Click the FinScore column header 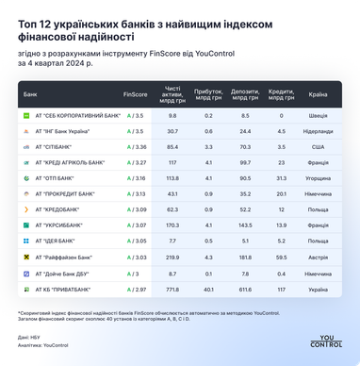[135, 94]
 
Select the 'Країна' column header [318, 94]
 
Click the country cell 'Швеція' [318, 114]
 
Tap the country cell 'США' [318, 146]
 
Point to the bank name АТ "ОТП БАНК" [55, 178]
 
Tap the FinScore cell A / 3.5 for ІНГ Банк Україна [134, 130]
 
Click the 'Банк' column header [31, 94]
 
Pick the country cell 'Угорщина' [318, 178]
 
